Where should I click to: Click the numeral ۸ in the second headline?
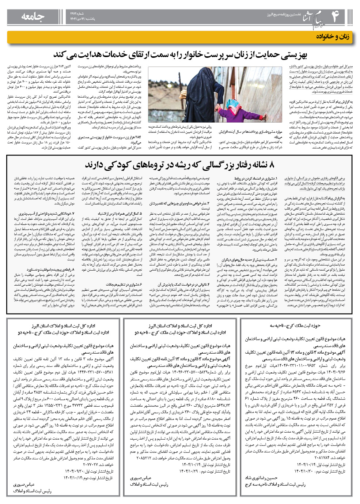[271, 165]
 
